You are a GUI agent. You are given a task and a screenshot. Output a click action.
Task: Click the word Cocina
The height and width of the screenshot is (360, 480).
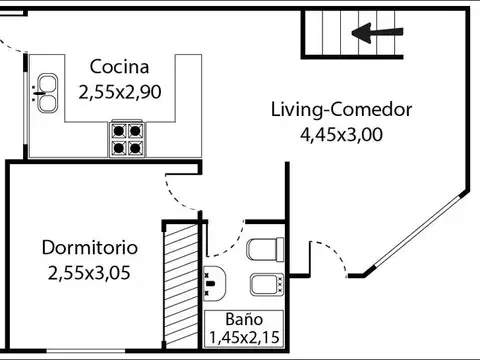coord(119,68)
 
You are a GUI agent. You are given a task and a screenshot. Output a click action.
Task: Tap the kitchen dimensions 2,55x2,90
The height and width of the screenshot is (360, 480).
coord(119,92)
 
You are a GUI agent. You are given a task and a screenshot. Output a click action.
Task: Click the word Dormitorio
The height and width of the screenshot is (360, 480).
coord(90,247)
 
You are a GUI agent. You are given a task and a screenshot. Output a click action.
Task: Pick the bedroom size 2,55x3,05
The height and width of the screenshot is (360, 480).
coord(90,271)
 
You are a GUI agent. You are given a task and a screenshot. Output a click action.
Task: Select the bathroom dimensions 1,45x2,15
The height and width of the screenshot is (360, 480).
coord(243,337)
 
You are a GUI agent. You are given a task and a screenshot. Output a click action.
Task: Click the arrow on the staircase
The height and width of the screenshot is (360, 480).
coord(375,35)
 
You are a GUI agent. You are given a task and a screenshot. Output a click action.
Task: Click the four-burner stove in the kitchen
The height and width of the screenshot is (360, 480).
coord(127,138)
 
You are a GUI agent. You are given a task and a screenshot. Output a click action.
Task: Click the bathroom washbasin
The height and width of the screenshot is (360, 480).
coord(214,284)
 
